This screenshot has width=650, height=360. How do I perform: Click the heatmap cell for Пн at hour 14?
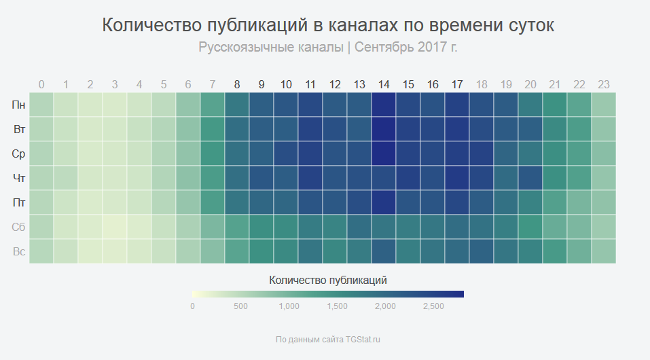384,105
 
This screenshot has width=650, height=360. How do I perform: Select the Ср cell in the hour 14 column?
384,154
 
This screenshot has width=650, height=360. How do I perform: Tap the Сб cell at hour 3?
115,227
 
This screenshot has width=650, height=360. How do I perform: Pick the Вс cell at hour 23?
604,251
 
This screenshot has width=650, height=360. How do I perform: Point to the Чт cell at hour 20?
530,178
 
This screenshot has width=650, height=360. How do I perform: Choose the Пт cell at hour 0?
41,202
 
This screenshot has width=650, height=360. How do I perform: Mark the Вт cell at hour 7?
212,129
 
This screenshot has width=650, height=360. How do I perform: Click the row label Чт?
19,178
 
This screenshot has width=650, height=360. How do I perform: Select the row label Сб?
18,227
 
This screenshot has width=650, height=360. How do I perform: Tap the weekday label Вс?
19,251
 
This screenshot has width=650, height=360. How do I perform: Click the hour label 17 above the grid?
457,85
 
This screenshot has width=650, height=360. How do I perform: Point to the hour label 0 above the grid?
41,85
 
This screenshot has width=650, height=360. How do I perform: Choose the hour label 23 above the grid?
604,85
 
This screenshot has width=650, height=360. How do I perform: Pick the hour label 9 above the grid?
261,85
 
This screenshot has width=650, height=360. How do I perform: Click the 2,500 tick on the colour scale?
433,306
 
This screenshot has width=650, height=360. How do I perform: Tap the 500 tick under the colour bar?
240,306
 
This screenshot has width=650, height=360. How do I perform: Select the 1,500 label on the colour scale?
337,306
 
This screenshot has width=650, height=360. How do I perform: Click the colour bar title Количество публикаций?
328,281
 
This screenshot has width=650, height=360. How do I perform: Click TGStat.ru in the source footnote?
363,339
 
